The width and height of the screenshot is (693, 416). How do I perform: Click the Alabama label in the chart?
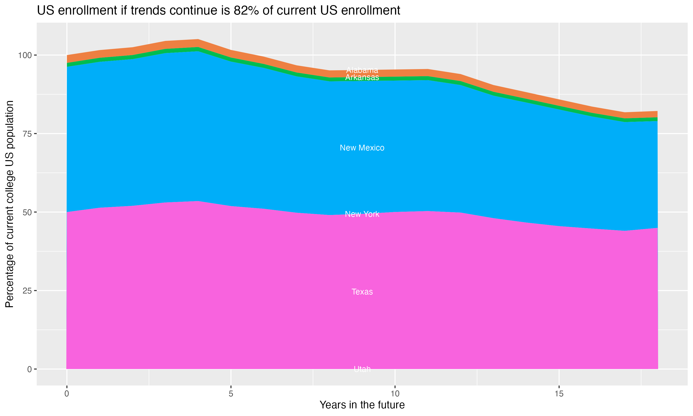coord(362,70)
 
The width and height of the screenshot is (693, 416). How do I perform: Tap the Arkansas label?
coord(362,77)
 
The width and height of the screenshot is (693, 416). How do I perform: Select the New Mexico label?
coord(362,148)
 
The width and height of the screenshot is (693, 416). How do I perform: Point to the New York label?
coord(362,214)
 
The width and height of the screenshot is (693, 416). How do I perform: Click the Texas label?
coord(362,292)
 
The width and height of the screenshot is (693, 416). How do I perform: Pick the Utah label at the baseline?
coord(362,369)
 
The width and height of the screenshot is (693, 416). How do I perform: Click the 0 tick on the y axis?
coord(29,369)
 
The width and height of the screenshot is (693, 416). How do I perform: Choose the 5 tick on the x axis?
coord(231,394)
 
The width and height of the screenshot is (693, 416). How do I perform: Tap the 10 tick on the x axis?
coord(395,394)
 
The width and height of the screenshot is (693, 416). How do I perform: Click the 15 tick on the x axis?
coord(559,394)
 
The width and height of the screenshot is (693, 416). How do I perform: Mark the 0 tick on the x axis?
coord(67,394)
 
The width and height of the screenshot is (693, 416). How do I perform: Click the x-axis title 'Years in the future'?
coord(362,405)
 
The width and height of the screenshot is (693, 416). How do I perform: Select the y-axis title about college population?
coord(9,204)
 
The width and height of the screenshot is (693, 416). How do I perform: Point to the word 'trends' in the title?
coord(148,11)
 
